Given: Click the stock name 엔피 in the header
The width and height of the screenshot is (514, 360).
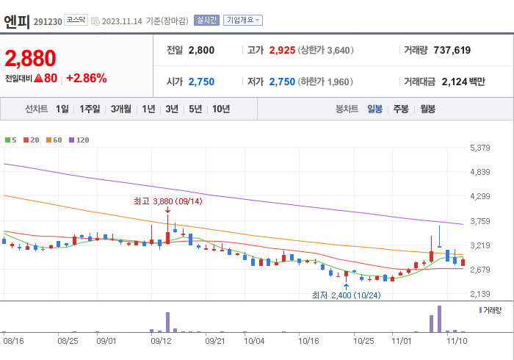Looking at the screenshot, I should tap(16, 20).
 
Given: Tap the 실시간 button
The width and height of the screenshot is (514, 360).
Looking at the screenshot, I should tap(206, 21).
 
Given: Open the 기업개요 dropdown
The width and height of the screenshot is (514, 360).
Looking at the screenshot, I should tap(242, 21).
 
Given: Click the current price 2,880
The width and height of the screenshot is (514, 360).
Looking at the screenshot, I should tap(30, 58).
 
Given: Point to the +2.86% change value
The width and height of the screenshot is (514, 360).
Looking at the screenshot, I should tap(86, 78).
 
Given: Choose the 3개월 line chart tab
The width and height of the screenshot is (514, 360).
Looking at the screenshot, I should tap(121, 109).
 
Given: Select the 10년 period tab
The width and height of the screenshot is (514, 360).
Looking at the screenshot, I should tap(220, 109).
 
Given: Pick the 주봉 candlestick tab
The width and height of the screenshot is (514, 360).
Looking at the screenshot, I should tap(401, 109).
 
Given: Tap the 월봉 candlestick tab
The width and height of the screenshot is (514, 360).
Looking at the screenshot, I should tap(427, 109).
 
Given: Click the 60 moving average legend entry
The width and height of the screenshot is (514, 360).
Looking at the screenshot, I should tap(54, 140).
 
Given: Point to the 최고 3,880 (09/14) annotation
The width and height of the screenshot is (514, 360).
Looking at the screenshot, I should tap(168, 200).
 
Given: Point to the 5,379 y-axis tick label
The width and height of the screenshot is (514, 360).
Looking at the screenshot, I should tap(479, 148).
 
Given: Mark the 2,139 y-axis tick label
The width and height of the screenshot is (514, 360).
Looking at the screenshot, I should tap(479, 294).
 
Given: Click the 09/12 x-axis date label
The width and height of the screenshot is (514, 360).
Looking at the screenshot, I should tap(161, 341).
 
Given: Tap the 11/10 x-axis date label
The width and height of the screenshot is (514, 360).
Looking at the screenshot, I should tap(457, 341).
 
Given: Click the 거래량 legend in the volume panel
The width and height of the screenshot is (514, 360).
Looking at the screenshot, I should tap(491, 311).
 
